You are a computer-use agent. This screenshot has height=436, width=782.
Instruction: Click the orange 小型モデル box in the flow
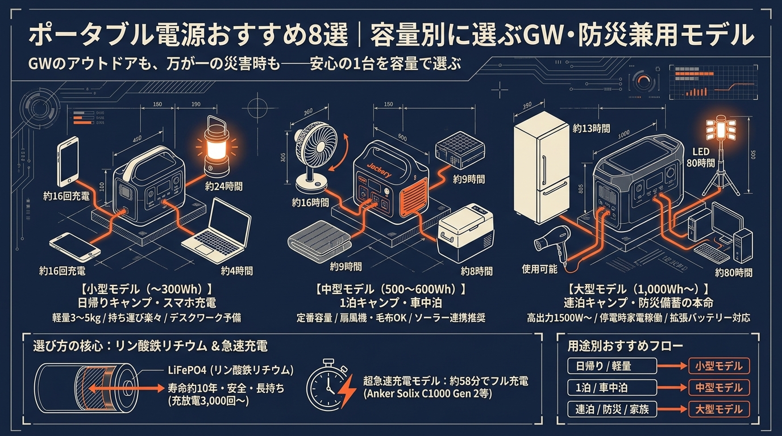pos(718,366)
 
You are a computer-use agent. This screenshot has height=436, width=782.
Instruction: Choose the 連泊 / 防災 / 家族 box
pos(608,409)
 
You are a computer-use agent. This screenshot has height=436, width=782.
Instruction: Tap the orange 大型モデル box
pos(718,409)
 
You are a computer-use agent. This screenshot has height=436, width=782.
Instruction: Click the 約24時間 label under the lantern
pos(223,186)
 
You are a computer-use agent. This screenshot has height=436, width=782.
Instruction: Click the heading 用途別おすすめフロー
pos(625,345)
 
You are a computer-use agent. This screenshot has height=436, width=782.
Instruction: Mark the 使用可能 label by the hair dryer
pos(540,269)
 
